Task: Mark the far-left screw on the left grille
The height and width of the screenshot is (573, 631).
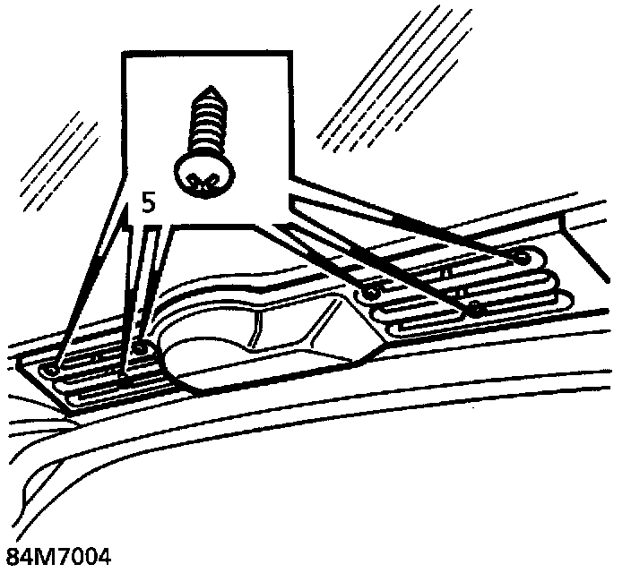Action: tap(55, 368)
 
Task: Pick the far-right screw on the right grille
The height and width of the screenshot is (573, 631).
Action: tap(523, 257)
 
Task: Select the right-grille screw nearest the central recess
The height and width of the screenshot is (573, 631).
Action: tap(368, 292)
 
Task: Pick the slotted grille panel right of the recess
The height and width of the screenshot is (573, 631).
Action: tap(448, 286)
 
